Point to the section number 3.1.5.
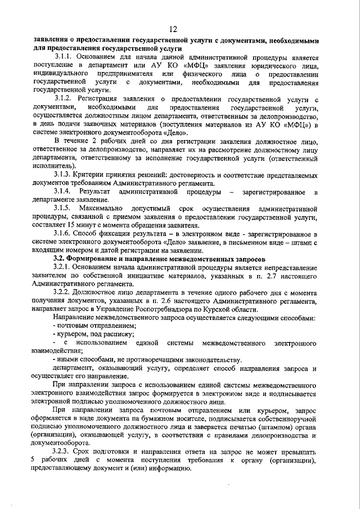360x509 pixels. point(63,209)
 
